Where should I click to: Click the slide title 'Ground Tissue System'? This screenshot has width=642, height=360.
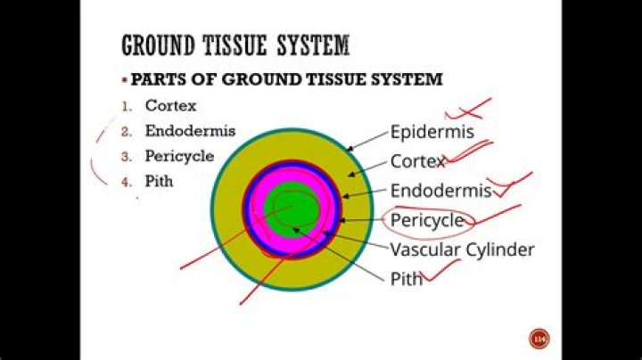click(x=235, y=45)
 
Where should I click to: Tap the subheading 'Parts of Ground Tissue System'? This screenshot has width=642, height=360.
click(x=286, y=79)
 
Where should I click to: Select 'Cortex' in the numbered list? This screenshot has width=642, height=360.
click(x=170, y=105)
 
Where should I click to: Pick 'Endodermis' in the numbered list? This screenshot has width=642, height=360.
click(x=191, y=131)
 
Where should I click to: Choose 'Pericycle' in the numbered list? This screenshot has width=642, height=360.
click(x=179, y=156)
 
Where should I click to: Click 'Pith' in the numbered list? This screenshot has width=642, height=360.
click(x=159, y=181)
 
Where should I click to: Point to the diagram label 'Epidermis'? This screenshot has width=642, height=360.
click(x=432, y=132)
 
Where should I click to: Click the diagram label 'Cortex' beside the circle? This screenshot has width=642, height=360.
click(x=417, y=161)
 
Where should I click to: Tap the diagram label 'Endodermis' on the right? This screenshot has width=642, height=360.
click(x=440, y=191)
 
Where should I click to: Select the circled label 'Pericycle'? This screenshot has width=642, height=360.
click(x=427, y=221)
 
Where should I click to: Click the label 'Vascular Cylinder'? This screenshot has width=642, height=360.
click(x=462, y=250)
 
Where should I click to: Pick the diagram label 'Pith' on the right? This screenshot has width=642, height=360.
click(x=407, y=279)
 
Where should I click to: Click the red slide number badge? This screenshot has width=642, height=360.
click(x=539, y=339)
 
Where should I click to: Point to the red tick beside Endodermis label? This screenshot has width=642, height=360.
click(x=510, y=185)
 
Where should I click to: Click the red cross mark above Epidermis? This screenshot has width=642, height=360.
click(x=469, y=110)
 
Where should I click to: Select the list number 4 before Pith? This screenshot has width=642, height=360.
click(x=127, y=183)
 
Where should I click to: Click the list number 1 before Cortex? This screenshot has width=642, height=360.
click(x=127, y=107)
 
